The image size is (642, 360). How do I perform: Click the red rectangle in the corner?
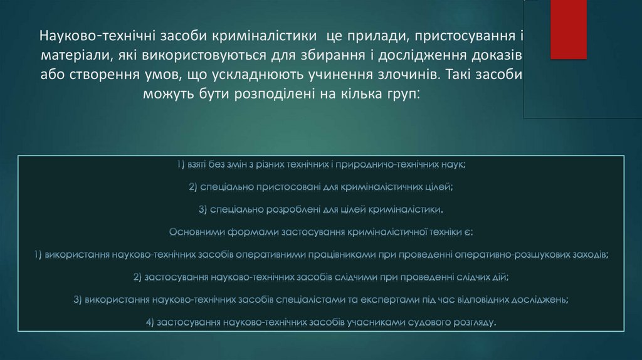(x=569, y=29)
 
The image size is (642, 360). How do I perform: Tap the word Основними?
(x=199, y=232)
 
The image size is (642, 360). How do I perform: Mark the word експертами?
(x=381, y=300)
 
